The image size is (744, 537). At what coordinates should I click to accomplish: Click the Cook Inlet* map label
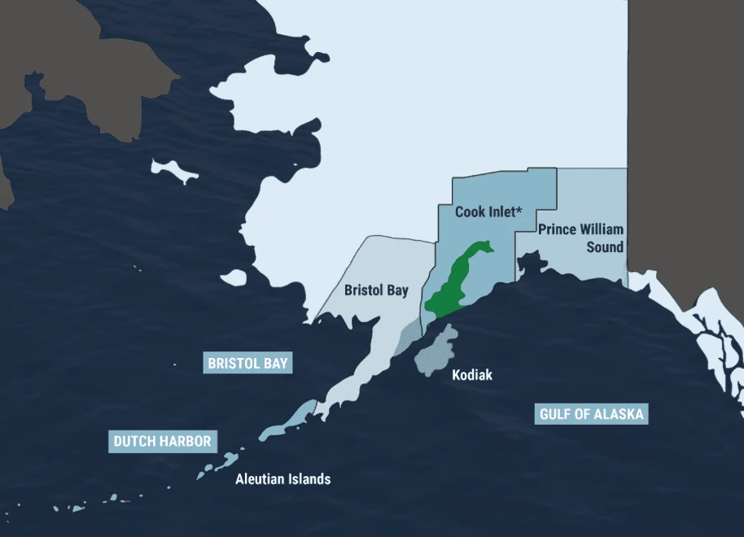[487, 212]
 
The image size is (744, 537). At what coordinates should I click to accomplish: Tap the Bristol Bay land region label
[376, 290]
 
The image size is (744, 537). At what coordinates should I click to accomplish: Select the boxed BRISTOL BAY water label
[248, 363]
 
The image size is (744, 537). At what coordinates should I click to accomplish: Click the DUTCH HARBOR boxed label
[163, 442]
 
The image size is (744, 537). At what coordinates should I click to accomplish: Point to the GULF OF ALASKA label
[592, 414]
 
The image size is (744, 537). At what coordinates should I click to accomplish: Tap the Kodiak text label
[472, 375]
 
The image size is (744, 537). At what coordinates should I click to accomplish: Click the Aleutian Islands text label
[283, 478]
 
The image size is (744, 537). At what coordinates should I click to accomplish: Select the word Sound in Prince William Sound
[605, 247]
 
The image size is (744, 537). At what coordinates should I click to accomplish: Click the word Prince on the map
[558, 229]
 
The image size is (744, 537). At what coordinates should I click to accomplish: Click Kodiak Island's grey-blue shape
[435, 351]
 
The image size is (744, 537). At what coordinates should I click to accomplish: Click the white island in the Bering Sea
[175, 172]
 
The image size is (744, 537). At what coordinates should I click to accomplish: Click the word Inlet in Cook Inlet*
[499, 212]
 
